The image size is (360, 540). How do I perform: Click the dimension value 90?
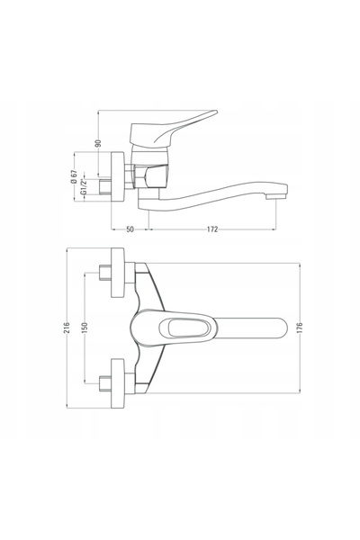pos(98,143)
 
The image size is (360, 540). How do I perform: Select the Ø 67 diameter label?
pos(74,177)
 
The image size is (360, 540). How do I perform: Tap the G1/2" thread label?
pos(84,187)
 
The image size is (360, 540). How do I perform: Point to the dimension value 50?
pos(130,229)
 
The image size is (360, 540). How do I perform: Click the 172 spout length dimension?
pos(212,229)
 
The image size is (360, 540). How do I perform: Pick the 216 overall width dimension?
pos(67,328)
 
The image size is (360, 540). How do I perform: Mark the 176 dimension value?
pos(300,328)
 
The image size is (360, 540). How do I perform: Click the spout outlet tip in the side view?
pos(276,196)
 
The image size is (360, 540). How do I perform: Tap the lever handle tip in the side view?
pos(215,112)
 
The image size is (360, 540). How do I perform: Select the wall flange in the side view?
pos(118,177)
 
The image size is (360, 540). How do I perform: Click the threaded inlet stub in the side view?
pos(104,186)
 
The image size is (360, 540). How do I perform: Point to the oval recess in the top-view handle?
pos(184,328)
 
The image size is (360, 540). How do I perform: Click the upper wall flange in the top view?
pos(118,273)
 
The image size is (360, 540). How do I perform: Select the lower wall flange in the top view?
pos(118,383)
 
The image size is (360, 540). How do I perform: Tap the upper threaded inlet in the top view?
pos(104,273)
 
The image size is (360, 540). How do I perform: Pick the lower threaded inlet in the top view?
pos(104,383)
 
